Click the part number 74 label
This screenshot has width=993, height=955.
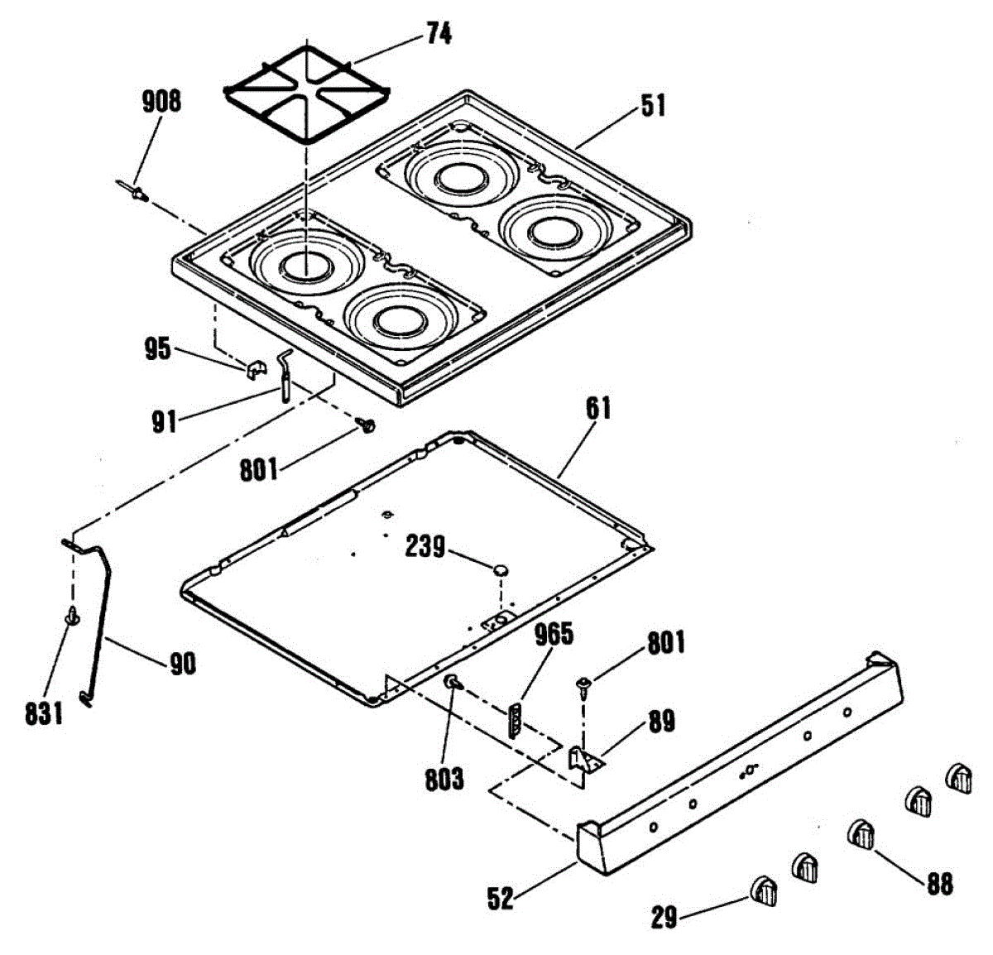[439, 34]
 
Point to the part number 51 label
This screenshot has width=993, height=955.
[653, 107]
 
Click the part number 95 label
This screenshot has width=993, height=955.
[157, 348]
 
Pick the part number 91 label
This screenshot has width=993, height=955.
[165, 422]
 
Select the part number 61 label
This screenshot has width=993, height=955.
[598, 409]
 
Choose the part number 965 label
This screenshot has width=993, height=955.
[554, 635]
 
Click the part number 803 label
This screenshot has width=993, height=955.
[444, 779]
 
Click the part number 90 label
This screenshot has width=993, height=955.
[182, 664]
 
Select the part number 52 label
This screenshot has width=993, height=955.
[500, 898]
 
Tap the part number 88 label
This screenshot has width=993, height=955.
[939, 884]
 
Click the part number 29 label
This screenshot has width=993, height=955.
[664, 917]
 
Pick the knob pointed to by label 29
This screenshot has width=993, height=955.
[763, 892]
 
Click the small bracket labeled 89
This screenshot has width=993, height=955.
[585, 760]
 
